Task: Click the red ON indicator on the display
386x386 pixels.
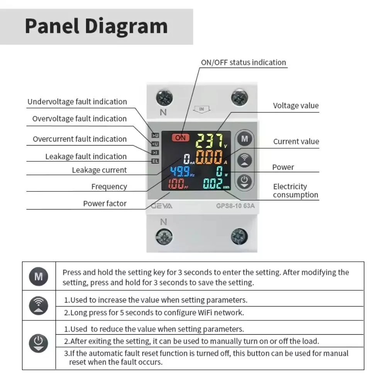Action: click(181, 138)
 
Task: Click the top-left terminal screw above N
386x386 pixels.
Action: click(164, 98)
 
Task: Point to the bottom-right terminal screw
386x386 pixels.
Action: click(239, 237)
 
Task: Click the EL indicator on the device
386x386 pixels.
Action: click(155, 161)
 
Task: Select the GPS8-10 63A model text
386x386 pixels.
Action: click(235, 206)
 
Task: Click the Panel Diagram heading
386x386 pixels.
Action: click(96, 27)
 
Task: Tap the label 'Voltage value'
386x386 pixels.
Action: click(296, 106)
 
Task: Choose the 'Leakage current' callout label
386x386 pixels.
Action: click(99, 170)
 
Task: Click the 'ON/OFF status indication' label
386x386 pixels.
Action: click(244, 63)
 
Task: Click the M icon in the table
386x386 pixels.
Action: click(38, 276)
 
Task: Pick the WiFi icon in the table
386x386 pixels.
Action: click(38, 306)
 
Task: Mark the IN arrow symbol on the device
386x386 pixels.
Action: click(201, 109)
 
